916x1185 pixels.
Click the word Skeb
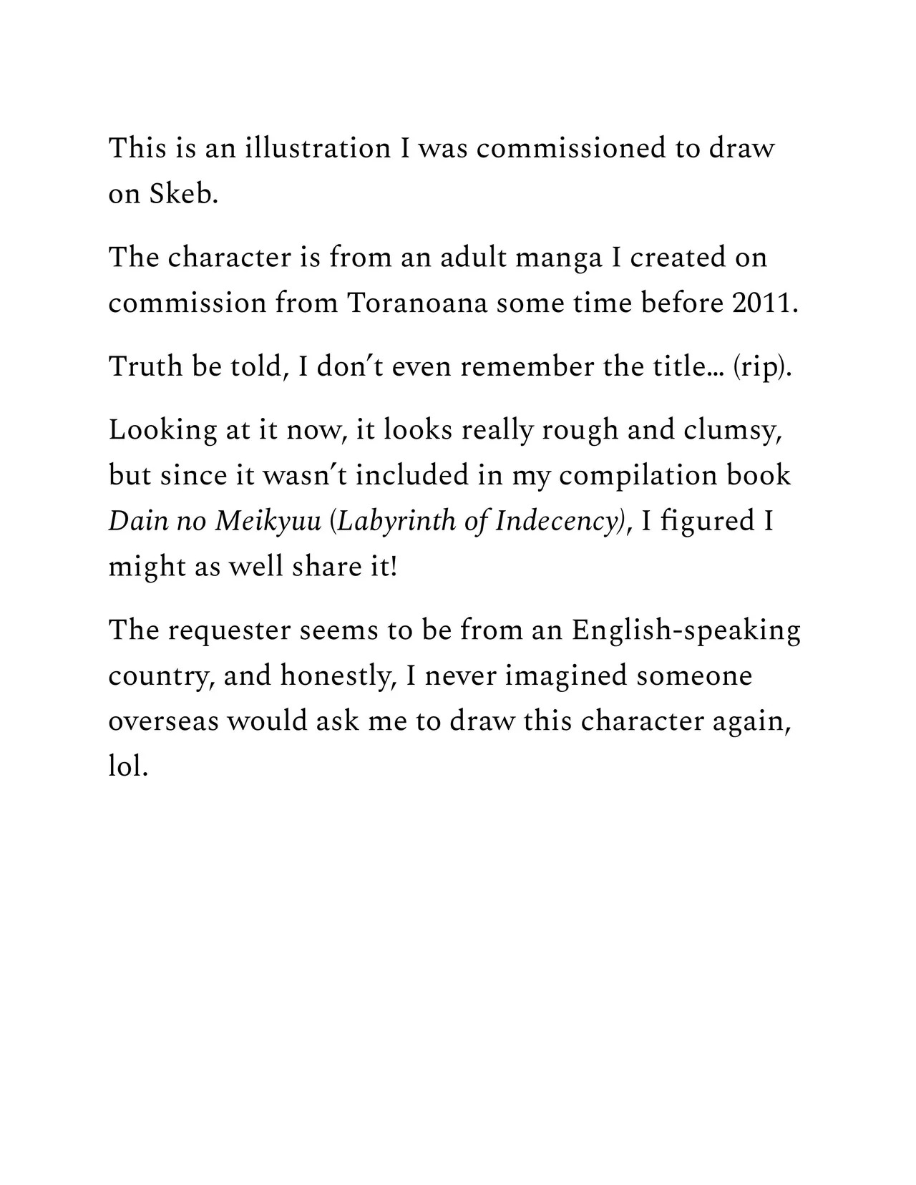pyautogui.click(x=182, y=194)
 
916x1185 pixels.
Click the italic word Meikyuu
pyautogui.click(x=268, y=521)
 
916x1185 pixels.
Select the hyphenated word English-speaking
pyautogui.click(x=686, y=630)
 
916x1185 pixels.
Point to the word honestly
pyautogui.click(x=339, y=676)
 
